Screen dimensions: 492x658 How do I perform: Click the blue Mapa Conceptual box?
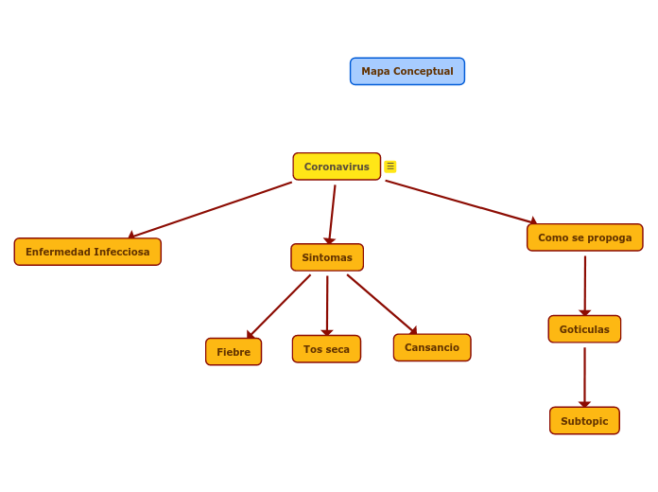click(x=407, y=71)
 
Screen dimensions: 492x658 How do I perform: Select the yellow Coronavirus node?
click(x=337, y=167)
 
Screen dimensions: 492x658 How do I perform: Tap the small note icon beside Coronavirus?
click(x=390, y=167)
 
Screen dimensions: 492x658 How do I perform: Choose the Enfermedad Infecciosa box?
click(x=87, y=252)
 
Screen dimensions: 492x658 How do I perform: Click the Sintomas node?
click(x=327, y=257)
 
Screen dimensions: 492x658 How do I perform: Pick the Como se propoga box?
click(x=584, y=237)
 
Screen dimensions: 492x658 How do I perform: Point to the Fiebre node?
click(x=234, y=352)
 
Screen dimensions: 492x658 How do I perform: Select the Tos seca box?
click(x=326, y=349)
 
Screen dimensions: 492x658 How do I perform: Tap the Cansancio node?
click(x=432, y=347)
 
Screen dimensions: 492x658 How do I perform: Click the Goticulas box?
click(x=584, y=329)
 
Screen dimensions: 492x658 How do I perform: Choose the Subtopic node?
click(x=584, y=421)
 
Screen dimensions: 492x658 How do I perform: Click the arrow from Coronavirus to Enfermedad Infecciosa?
click(x=211, y=209)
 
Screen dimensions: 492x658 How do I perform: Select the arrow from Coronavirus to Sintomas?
click(x=332, y=214)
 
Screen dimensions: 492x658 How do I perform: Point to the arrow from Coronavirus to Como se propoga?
click(x=461, y=202)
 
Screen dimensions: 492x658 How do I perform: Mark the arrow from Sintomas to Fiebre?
click(x=279, y=306)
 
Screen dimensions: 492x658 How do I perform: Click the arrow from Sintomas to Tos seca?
click(x=327, y=304)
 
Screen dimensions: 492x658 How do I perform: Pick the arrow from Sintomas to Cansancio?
click(x=381, y=303)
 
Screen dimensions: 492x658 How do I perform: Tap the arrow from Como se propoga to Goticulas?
click(x=585, y=284)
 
